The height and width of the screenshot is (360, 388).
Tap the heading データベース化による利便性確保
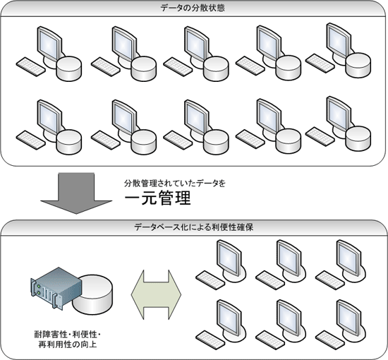tap(194, 227)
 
